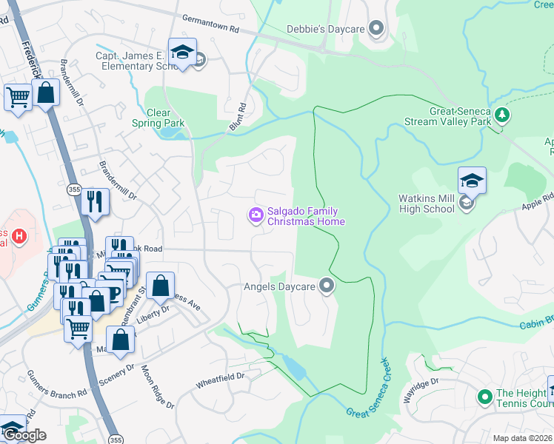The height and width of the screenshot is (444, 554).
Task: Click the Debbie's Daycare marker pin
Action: coord(376,30)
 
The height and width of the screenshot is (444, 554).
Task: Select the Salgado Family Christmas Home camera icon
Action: coord(256,215)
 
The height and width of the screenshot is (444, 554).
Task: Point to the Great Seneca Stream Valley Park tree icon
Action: coord(503,115)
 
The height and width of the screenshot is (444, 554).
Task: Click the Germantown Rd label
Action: coord(213,30)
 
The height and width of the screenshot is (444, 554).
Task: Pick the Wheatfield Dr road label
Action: coord(220,379)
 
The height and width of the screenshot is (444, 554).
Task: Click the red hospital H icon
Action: coord(20,238)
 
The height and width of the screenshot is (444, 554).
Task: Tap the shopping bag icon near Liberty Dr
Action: coord(160,286)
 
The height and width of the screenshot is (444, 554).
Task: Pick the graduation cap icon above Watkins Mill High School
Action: coord(472,180)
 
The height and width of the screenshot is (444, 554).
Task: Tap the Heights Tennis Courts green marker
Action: coord(485,397)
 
